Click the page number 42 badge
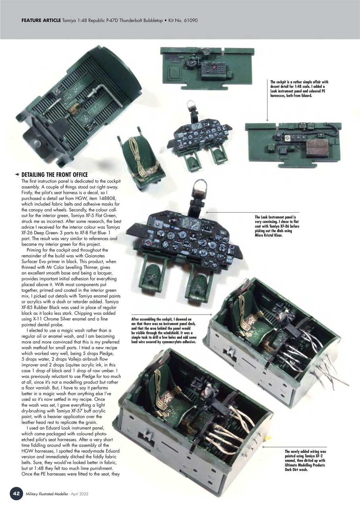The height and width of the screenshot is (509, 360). [x=16, y=493]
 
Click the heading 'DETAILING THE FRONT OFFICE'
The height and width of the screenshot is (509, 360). [x=54, y=175]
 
